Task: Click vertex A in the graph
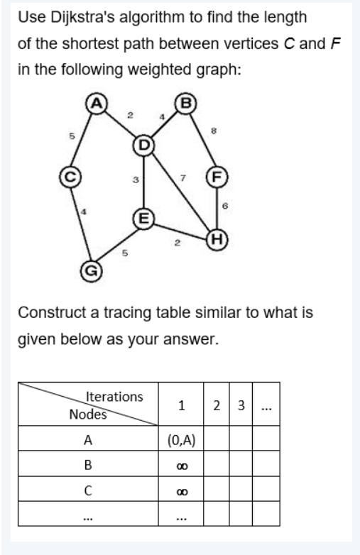point(94,102)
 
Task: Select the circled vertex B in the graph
point(187,102)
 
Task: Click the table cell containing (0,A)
point(182,439)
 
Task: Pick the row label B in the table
point(89,465)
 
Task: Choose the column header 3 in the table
point(241,406)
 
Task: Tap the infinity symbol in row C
point(182,490)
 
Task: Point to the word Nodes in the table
point(88,414)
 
